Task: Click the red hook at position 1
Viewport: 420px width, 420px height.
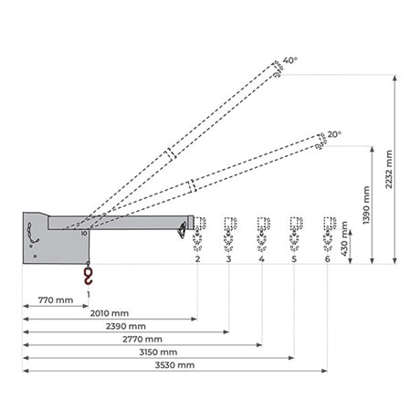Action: [89, 276]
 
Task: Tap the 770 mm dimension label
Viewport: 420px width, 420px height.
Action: [56, 300]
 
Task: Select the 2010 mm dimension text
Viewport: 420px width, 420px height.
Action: [110, 313]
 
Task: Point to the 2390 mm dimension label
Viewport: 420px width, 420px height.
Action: [126, 326]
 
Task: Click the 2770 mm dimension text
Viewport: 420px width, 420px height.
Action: [142, 339]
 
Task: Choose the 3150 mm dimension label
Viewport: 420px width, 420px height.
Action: [158, 352]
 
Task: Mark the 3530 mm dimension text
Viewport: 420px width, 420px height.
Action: [174, 365]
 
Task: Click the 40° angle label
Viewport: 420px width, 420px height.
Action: [290, 60]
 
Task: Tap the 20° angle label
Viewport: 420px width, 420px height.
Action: [334, 134]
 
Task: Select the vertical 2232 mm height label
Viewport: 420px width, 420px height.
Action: [389, 169]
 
